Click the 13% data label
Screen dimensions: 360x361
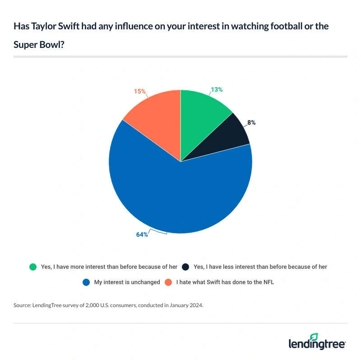pos(217,89)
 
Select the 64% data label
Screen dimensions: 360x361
pos(142,234)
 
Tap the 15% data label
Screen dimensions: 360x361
pos(140,91)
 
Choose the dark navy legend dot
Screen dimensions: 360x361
pos(185,266)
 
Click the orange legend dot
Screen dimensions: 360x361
pos(168,282)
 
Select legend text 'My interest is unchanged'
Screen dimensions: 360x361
pos(127,282)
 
